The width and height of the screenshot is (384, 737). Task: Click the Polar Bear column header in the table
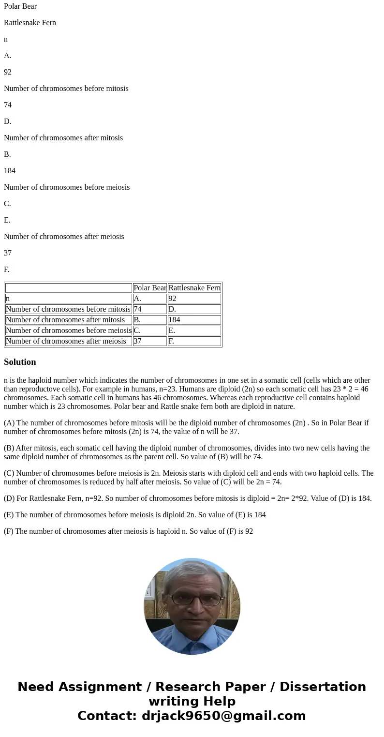coord(149,288)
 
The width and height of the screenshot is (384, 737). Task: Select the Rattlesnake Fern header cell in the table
coord(194,288)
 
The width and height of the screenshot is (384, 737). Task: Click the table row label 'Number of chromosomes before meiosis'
coord(68,331)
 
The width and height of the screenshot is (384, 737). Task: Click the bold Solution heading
coord(20,362)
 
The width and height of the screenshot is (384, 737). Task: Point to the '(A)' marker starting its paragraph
coord(9,423)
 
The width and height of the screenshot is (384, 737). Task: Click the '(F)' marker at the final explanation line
coord(9,531)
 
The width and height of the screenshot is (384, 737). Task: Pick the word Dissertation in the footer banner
coord(323,687)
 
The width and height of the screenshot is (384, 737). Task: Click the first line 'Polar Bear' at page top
coord(20,6)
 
